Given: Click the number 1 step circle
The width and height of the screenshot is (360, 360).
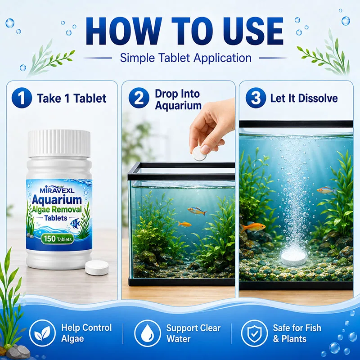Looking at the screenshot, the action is coord(22,98).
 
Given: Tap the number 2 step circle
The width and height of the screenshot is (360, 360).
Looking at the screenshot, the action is coord(139,98).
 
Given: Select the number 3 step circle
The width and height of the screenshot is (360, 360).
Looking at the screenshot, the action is coord(256,98).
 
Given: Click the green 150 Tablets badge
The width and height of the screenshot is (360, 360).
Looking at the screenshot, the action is coord(58,239).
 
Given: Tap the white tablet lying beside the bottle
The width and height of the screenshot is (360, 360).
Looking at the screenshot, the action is coord(97,268).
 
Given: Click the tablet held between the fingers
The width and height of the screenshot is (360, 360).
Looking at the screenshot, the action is coord(199,153).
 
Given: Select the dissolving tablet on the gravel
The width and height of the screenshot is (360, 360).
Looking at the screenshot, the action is coord(294,258).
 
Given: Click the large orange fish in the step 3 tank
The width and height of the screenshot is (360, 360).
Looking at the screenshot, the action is coord(253,227).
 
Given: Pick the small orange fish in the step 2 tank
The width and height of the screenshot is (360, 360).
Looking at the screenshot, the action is coord(184,224).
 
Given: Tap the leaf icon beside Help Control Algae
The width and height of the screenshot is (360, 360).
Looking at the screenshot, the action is coord(42,333).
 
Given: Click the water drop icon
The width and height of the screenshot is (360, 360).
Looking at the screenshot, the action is coord(148,333).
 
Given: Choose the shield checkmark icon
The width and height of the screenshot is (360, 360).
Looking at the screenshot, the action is coord(254,333).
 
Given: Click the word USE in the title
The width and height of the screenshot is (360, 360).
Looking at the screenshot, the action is coord(250,31).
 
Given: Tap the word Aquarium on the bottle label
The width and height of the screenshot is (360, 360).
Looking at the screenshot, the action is coord(57,200).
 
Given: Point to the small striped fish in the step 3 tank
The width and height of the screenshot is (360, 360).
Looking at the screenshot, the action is coord(326,190).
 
